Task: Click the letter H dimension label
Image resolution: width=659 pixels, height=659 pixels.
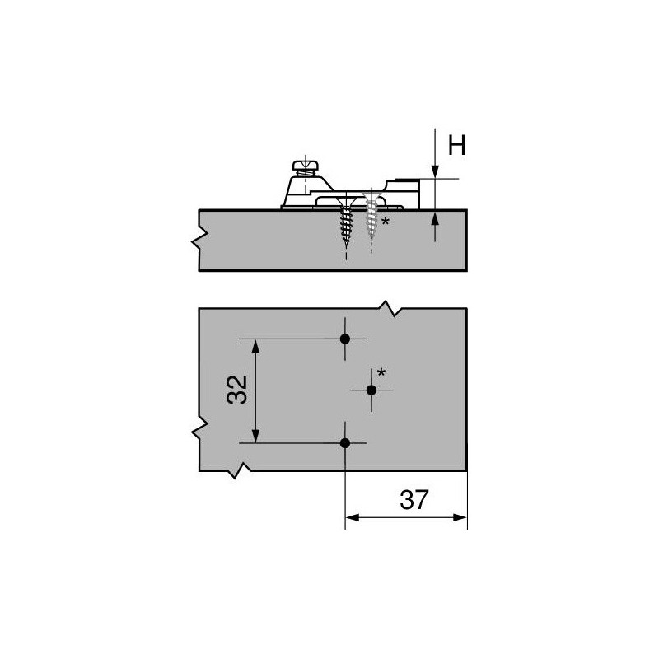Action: (x=456, y=147)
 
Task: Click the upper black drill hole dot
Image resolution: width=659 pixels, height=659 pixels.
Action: (x=345, y=339)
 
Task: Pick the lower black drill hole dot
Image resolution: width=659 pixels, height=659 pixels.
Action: (x=345, y=443)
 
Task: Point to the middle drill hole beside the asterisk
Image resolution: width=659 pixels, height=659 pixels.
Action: (x=372, y=390)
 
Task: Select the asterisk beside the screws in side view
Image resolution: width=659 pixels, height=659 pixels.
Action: (x=386, y=222)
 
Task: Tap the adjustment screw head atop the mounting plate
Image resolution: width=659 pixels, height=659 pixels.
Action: (x=302, y=164)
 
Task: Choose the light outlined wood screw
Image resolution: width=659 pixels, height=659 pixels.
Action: (x=372, y=216)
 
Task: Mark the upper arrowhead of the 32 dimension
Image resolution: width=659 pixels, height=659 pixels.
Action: (x=257, y=345)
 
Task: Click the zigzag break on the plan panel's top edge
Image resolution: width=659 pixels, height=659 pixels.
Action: (x=388, y=310)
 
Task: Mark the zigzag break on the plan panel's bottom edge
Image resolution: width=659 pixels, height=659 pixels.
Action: (x=241, y=470)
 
